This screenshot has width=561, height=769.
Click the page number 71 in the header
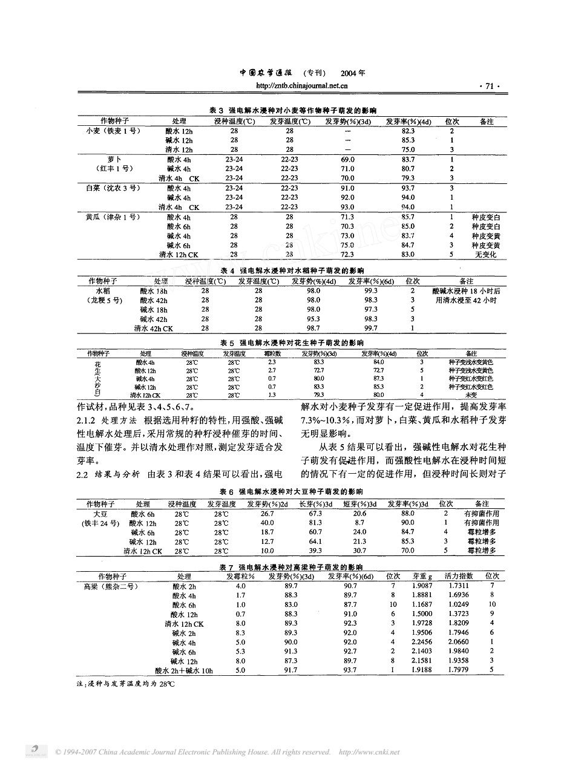489,87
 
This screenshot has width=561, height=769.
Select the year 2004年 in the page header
353,73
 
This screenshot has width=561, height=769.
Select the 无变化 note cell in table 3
485,255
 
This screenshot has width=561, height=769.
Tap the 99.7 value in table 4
370,329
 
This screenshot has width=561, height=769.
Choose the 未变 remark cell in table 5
471,394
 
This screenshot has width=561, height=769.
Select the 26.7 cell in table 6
267,513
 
